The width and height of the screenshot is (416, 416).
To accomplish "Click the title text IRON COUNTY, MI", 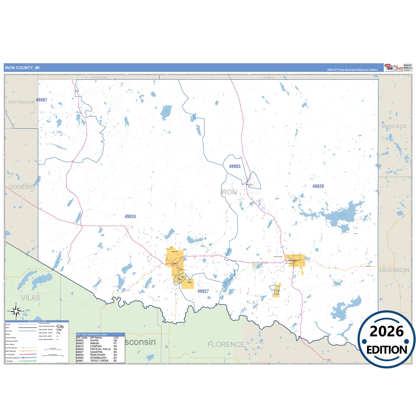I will pyautogui.click(x=22, y=68).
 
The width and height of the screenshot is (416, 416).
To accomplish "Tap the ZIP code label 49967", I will pyautogui.click(x=41, y=100).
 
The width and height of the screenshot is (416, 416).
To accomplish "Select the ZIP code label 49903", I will pyautogui.click(x=235, y=166).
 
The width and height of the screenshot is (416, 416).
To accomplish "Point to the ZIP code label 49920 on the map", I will pyautogui.click(x=318, y=186).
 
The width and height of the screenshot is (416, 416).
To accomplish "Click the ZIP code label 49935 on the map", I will pyautogui.click(x=130, y=216).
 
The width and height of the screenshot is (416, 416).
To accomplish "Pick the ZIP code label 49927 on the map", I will pyautogui.click(x=203, y=291).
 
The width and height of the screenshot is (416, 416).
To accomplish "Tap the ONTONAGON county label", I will pyautogui.click(x=21, y=102).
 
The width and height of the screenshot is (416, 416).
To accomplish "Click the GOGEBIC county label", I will pyautogui.click(x=21, y=187).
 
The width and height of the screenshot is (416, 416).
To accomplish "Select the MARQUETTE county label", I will pyautogui.click(x=394, y=126).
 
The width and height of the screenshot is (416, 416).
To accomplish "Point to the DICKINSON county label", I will pyautogui.click(x=394, y=270).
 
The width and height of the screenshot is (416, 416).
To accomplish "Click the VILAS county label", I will pyautogui.click(x=31, y=298).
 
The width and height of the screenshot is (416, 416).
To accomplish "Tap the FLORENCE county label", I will pyautogui.click(x=226, y=344).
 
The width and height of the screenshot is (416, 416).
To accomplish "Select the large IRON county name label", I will pyautogui.click(x=229, y=192).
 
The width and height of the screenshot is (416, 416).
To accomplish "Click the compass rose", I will pyautogui.click(x=16, y=311).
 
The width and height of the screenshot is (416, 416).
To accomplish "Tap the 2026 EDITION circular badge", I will pyautogui.click(x=386, y=339).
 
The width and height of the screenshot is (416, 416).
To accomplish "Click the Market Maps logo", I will pyautogui.click(x=394, y=67).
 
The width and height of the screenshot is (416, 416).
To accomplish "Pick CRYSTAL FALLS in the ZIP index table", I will pyautogui.click(x=100, y=349).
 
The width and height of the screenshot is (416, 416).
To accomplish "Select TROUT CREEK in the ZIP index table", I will pyautogui.click(x=99, y=361).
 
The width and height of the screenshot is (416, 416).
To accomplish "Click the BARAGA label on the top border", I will pyautogui.click(x=269, y=77).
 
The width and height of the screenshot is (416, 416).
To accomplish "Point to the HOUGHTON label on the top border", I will pyautogui.click(x=98, y=77).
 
